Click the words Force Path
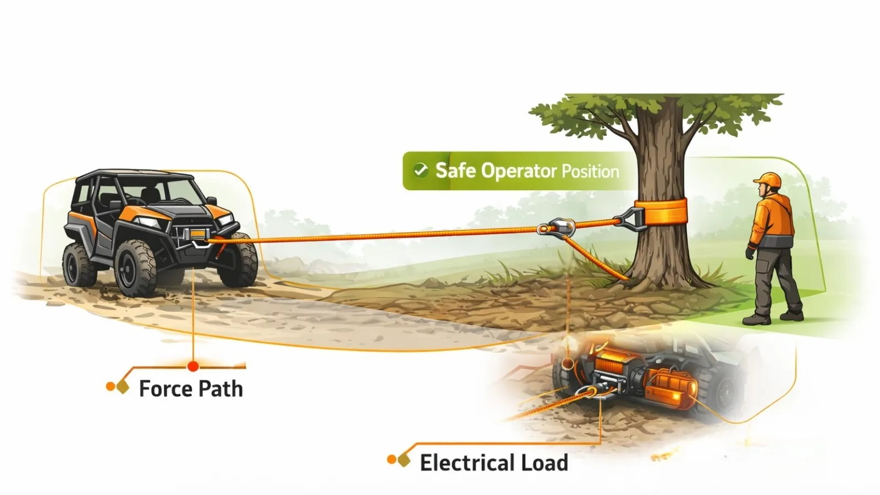190,389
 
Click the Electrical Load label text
493,463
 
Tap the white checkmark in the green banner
421,170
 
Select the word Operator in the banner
519,171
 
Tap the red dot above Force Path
193,366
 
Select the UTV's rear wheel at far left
75,264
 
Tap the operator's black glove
750,254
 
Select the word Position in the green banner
590,172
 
